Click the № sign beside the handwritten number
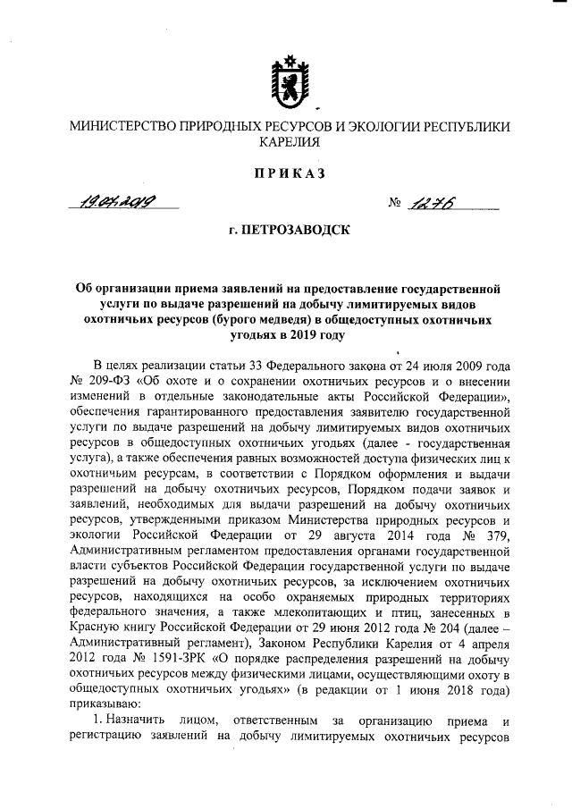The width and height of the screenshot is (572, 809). (x=395, y=205)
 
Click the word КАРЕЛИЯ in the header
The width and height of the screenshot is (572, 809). (x=286, y=141)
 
